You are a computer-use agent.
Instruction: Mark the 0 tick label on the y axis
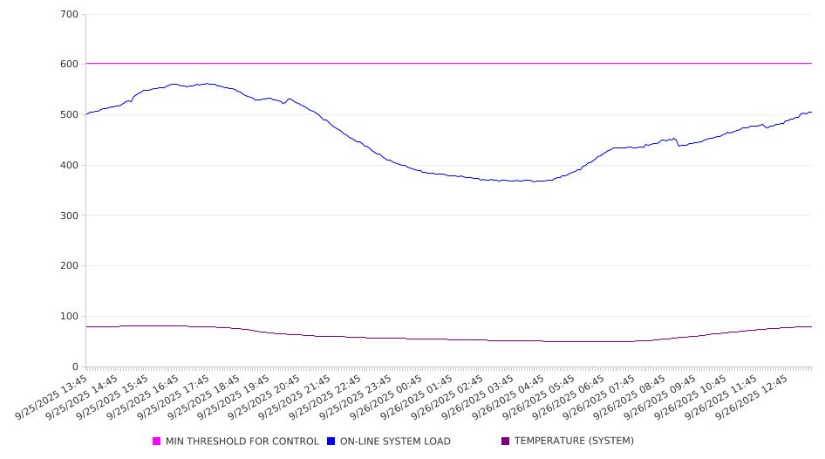coord(75,367)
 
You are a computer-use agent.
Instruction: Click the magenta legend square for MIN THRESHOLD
coord(157,442)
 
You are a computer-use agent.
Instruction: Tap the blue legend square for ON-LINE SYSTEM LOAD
coord(331,442)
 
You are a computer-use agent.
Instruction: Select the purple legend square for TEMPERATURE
coord(505,442)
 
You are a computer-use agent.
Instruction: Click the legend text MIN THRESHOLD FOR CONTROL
coord(242,442)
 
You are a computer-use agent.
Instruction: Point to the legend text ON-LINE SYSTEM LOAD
coord(395,442)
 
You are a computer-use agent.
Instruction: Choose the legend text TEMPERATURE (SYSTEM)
coord(574,442)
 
